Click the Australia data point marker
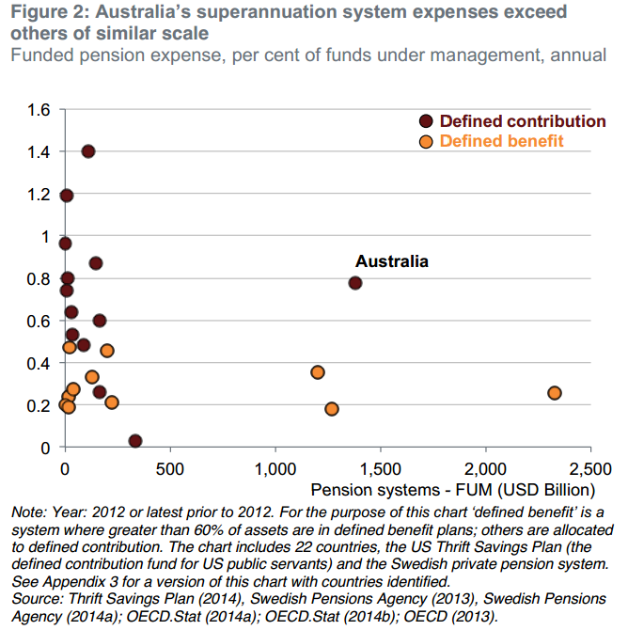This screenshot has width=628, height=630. pyautogui.click(x=355, y=282)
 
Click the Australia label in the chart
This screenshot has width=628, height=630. pyautogui.click(x=391, y=261)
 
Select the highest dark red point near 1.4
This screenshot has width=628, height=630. pyautogui.click(x=88, y=151)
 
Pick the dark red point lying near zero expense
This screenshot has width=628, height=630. pyautogui.click(x=135, y=441)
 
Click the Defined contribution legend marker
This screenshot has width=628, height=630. pyautogui.click(x=426, y=121)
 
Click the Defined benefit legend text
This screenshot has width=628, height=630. pyautogui.click(x=501, y=141)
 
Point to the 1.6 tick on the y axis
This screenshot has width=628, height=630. pyautogui.click(x=38, y=110)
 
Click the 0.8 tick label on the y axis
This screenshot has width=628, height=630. pyautogui.click(x=38, y=278)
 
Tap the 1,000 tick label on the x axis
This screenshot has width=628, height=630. pyautogui.click(x=275, y=468)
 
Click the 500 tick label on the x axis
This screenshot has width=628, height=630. pyautogui.click(x=170, y=468)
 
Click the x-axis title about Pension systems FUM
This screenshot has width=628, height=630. pyautogui.click(x=453, y=489)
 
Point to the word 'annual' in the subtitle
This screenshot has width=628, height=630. pyautogui.click(x=578, y=55)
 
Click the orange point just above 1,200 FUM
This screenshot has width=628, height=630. pyautogui.click(x=318, y=372)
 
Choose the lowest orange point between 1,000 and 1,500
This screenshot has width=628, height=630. pyautogui.click(x=332, y=409)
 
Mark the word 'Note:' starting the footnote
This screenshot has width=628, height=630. pyautogui.click(x=28, y=512)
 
